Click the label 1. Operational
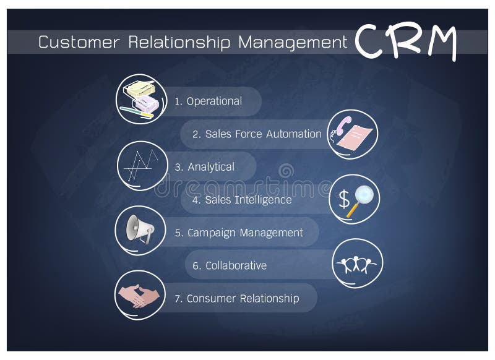tap(208, 101)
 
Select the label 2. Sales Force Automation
tap(257, 134)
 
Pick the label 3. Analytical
tap(204, 167)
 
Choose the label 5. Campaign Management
tap(239, 233)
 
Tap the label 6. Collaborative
tap(229, 265)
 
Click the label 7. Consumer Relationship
tap(236, 299)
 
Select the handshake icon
tap(139, 295)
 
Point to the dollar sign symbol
tap(344, 199)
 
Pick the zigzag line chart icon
tap(141, 165)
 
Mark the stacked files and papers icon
tap(141, 98)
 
